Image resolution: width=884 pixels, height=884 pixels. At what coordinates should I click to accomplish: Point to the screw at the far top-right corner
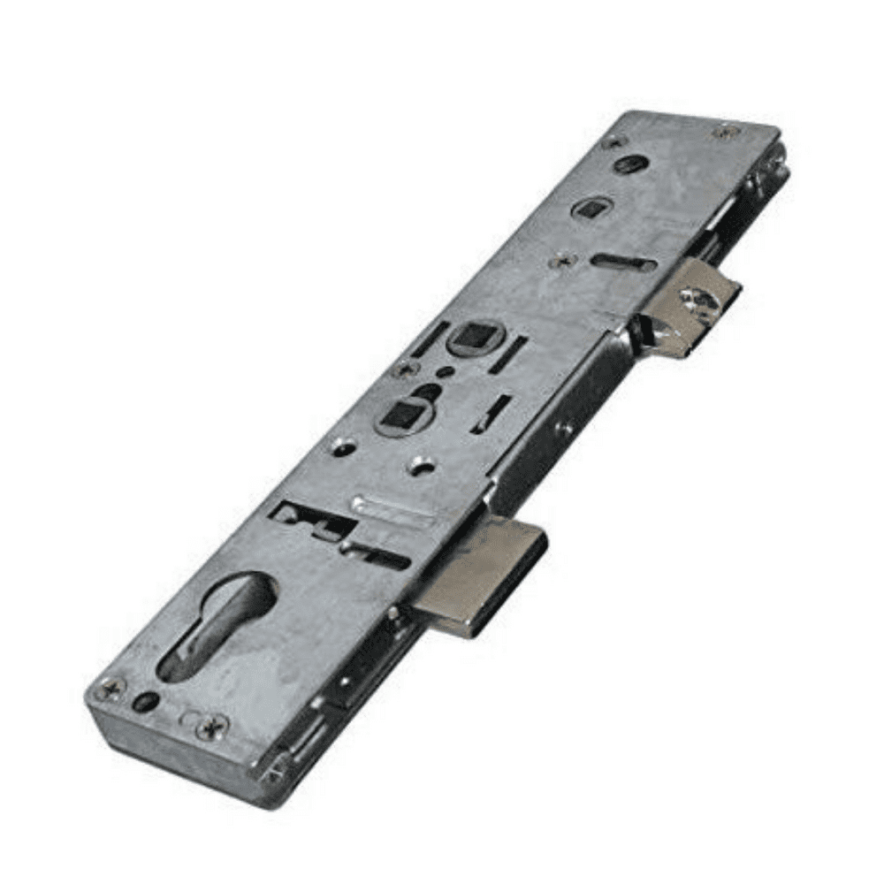tap(725, 132)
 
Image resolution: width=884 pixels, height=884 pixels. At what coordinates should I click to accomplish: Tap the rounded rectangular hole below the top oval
tap(586, 209)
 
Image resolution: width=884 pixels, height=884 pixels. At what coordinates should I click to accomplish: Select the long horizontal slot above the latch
tap(623, 263)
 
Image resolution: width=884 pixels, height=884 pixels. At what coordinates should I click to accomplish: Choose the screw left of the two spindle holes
tap(403, 368)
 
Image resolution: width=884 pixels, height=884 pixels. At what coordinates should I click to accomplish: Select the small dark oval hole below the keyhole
tap(148, 702)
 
